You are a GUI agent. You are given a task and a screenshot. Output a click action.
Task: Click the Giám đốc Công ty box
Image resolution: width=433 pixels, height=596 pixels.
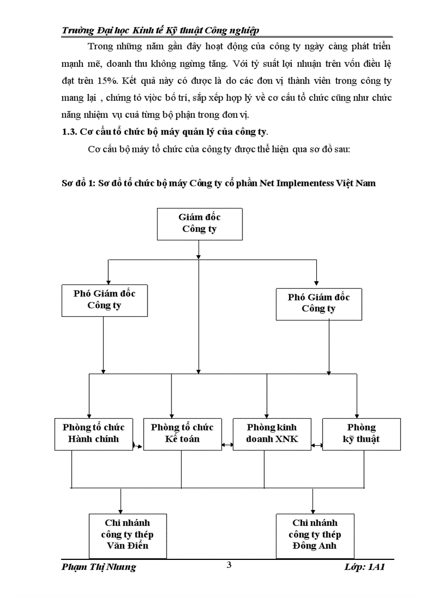pos(199,223)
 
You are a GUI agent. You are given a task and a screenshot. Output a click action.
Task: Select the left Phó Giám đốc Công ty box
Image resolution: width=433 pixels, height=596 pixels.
pos(104,300)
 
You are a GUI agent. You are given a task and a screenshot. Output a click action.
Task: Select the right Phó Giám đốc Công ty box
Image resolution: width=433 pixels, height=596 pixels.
pos(318,304)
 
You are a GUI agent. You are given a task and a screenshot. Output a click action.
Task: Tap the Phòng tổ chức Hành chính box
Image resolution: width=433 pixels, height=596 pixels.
pos(93,434)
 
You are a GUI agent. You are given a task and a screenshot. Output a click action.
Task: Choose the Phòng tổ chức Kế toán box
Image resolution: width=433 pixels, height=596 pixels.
pos(182,434)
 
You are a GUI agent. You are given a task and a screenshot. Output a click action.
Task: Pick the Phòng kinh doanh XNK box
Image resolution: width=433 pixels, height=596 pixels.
pos(272,434)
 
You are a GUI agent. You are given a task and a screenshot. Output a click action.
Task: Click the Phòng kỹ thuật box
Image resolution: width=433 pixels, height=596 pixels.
pos(361,434)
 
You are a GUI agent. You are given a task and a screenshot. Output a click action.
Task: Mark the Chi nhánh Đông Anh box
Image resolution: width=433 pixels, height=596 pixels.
pos(315,534)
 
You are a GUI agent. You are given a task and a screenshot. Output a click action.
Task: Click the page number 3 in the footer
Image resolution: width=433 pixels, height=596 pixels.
pos(229,565)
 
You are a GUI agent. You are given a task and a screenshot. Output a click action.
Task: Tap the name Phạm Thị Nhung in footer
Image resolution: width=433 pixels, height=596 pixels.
pos(99,567)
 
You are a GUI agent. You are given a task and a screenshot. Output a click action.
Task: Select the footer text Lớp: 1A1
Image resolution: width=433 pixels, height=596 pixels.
pos(363,567)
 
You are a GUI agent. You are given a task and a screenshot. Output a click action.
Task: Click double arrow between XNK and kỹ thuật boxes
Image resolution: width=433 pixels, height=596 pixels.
pos(317,445)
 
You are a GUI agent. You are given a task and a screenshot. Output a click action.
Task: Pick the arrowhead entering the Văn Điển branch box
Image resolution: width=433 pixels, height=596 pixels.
pos(121,509)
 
